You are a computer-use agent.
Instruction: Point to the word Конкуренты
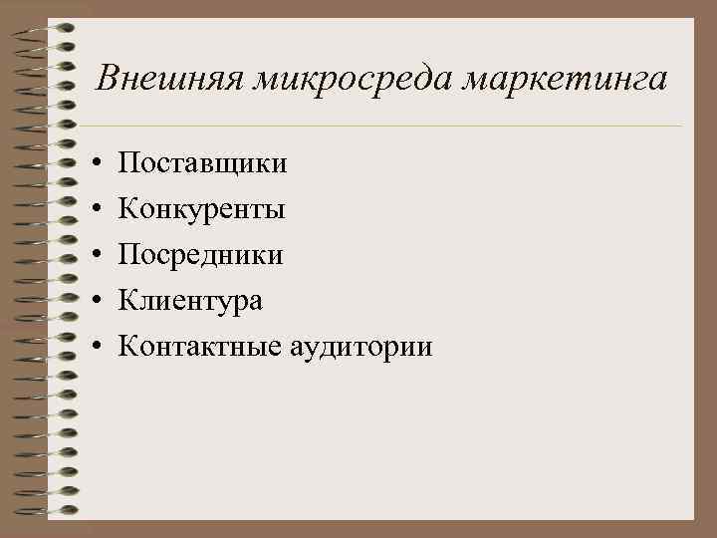tap(202, 209)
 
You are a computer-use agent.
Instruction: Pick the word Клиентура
tap(190, 301)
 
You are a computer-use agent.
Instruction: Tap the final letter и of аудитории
tap(425, 350)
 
